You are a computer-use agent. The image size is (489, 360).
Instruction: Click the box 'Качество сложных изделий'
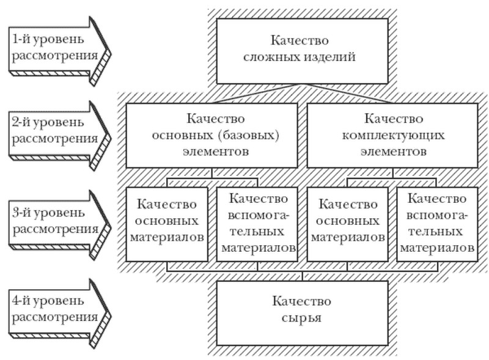(302, 51)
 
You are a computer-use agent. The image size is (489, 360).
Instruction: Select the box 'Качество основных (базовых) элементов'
(211, 136)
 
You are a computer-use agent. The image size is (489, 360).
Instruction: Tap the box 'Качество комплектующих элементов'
(392, 136)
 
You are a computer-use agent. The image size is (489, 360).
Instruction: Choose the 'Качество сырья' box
(302, 313)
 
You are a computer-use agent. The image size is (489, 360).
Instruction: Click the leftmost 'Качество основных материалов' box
(166, 224)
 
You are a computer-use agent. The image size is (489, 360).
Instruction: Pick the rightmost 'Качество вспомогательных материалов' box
(437, 224)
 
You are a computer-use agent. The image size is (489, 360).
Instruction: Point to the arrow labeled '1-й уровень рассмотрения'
(59, 51)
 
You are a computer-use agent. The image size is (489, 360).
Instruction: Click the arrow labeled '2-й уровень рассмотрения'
(59, 136)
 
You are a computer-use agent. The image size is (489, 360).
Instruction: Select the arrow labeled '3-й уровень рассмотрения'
(59, 224)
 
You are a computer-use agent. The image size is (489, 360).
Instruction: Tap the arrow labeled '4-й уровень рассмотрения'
(59, 313)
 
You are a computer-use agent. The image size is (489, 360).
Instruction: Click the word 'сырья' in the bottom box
(301, 318)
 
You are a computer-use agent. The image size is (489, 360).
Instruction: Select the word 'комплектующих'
(393, 136)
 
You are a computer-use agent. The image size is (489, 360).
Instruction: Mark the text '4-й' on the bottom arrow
(21, 301)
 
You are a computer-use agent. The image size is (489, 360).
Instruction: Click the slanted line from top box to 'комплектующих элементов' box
(347, 94)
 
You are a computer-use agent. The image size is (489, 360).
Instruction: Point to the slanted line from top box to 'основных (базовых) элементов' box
(257, 94)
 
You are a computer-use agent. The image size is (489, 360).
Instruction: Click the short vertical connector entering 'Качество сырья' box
(302, 276)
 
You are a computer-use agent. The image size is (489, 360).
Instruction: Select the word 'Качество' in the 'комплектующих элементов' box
(394, 119)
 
